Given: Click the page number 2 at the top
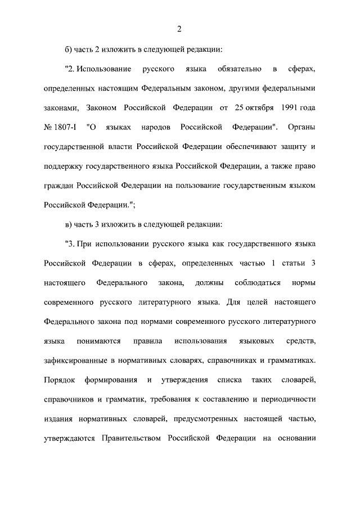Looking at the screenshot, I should [x=179, y=30].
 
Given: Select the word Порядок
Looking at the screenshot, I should [x=59, y=380].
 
